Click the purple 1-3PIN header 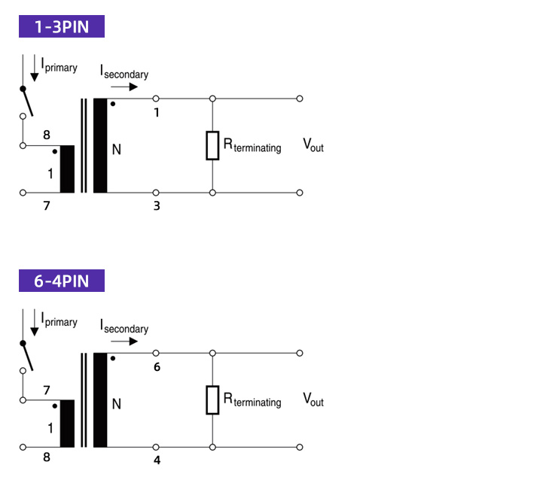[x=62, y=26]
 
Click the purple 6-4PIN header [x=62, y=281]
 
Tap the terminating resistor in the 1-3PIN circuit [x=212, y=145]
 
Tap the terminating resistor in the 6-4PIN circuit [x=212, y=400]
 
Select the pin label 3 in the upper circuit [x=157, y=206]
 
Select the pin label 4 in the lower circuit [x=157, y=460]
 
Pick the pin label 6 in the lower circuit [x=157, y=367]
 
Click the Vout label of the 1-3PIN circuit [x=313, y=145]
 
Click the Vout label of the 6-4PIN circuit [x=313, y=399]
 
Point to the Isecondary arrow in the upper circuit [x=124, y=87]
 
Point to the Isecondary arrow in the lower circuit [x=124, y=342]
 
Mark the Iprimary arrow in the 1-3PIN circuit [x=35, y=68]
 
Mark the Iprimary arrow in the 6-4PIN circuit [x=35, y=323]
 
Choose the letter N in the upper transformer [x=117, y=150]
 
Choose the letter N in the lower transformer [x=117, y=404]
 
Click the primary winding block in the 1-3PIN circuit [x=67, y=169]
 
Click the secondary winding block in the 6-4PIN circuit [x=100, y=400]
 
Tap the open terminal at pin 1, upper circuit [x=156, y=99]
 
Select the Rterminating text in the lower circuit [x=252, y=400]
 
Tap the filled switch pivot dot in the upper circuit [x=23, y=89]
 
